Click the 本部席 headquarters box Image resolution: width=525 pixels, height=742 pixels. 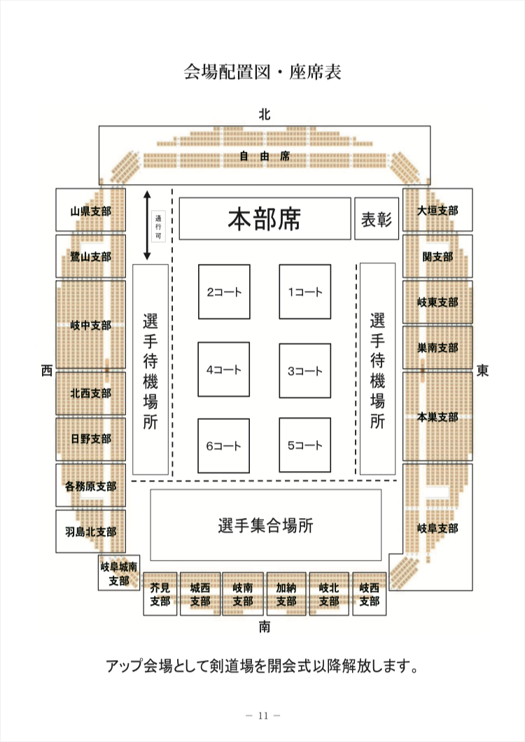point(265,219)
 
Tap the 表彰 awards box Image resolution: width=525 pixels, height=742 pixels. point(376,219)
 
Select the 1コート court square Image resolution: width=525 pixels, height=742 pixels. point(304,292)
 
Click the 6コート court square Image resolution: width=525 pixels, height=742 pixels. point(223,445)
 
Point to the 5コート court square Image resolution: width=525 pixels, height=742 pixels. point(304,445)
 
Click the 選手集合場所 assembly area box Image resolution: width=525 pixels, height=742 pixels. point(265,525)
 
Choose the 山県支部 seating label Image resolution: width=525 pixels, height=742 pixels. point(90,211)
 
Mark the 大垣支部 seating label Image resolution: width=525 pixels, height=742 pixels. point(437,210)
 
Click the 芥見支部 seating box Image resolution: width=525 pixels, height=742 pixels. point(160,594)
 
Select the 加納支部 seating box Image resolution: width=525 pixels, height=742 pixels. point(286,594)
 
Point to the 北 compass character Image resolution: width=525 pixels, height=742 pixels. point(264,113)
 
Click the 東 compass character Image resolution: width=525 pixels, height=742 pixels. point(482,370)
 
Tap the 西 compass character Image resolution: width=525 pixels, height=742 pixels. point(46,370)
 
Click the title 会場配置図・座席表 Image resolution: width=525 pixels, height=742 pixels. point(262,71)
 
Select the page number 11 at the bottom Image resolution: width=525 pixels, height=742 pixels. point(262,715)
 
